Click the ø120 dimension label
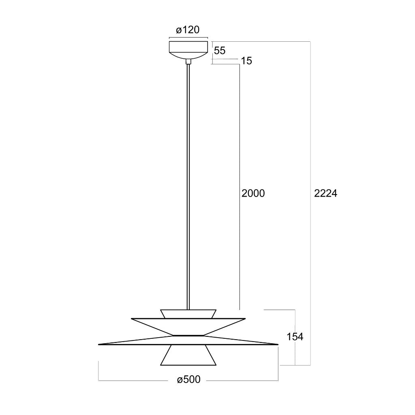tap(188, 30)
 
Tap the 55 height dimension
tap(220, 51)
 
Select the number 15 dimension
tap(246, 61)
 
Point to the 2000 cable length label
tap(253, 193)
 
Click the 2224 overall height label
tap(325, 193)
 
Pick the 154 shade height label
tap(295, 337)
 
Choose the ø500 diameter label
tap(189, 379)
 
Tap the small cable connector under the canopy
tap(188, 62)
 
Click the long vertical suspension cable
tap(188, 187)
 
